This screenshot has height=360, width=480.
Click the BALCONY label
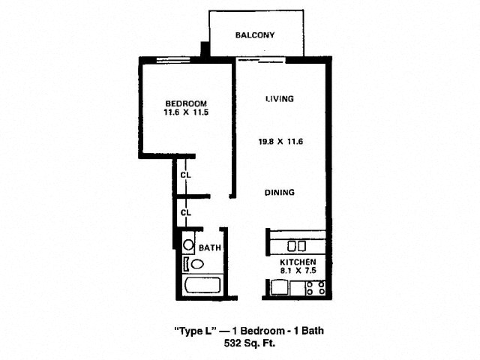click(x=255, y=35)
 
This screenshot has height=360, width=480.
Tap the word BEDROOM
click(x=186, y=103)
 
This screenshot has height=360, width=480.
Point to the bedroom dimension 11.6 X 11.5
click(x=186, y=112)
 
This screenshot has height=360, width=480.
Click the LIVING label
click(x=280, y=98)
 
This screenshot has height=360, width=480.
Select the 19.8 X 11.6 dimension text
click(x=280, y=142)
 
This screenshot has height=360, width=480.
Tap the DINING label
click(x=280, y=192)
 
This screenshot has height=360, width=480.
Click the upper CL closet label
click(x=185, y=175)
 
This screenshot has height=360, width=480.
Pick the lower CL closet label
click(x=185, y=212)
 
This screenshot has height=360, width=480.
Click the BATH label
click(x=210, y=247)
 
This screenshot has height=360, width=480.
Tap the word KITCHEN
click(x=298, y=262)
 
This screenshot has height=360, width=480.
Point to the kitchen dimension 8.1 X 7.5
click(x=298, y=270)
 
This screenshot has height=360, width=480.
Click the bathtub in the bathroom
click(x=202, y=285)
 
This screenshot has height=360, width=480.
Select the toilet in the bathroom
click(x=194, y=264)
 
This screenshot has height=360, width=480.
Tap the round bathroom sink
click(x=188, y=245)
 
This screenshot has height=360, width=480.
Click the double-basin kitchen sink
click(x=296, y=246)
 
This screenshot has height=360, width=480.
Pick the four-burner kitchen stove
click(x=316, y=288)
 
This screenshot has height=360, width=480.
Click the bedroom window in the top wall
click(x=173, y=60)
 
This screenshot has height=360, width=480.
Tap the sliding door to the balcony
click(x=261, y=60)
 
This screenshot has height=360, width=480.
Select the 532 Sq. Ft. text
click(x=250, y=343)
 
